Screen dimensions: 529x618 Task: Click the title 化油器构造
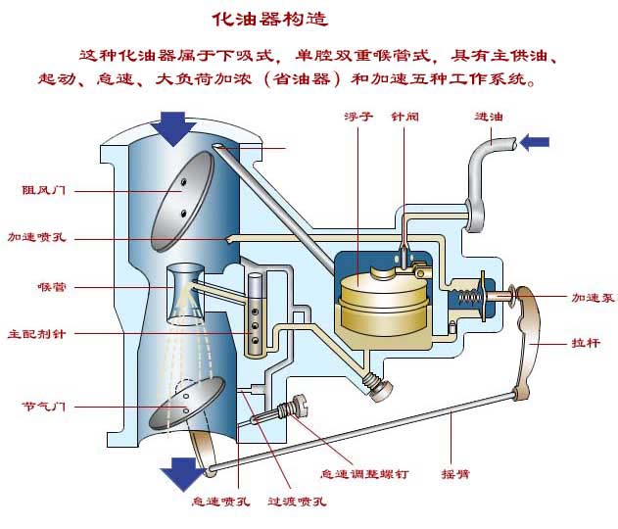pos(267,19)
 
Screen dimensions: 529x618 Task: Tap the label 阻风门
pos(45,190)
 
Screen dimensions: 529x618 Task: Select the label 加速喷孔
pos(36,238)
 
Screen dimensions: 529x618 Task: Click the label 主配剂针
pos(37,333)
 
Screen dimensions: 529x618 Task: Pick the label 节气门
pos(44,405)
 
